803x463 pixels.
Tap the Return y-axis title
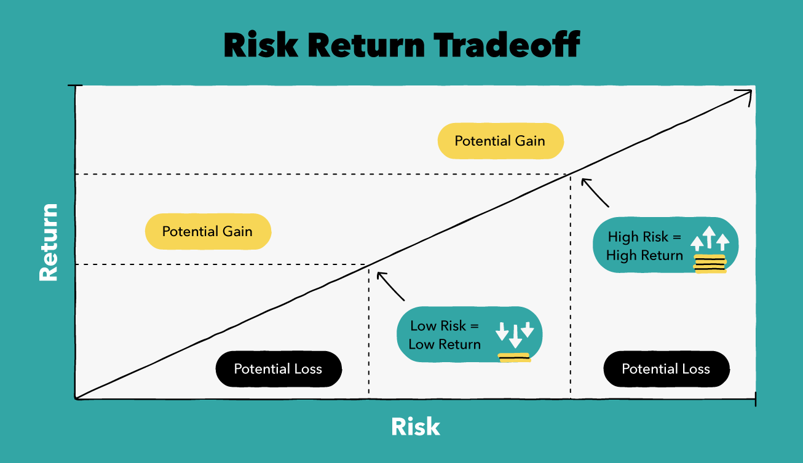pos(48,242)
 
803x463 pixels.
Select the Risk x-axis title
pos(416,426)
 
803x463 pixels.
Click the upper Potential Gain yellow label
pos(500,141)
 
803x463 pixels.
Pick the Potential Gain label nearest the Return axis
pos(207,231)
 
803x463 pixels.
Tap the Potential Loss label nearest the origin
pos(278,369)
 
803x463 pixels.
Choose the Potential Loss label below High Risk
pos(666,369)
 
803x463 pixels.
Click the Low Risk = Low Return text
pos(444,335)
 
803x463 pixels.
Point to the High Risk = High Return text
pos(644,246)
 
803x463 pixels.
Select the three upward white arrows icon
pos(710,238)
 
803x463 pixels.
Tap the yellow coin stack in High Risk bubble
pos(710,263)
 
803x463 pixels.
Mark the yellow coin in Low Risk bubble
pos(514,357)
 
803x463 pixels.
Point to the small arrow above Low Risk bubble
pos(390,286)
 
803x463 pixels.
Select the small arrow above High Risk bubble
pos(594,192)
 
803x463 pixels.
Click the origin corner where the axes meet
pos(76,398)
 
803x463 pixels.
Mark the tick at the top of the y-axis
pos(75,86)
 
